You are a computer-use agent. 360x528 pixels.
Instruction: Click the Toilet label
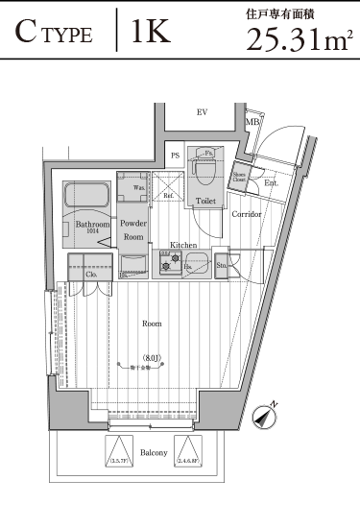click(x=204, y=202)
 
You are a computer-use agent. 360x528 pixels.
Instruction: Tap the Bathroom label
click(x=92, y=224)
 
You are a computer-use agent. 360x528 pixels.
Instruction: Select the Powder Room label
click(x=132, y=229)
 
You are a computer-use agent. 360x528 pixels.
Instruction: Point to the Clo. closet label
click(x=92, y=275)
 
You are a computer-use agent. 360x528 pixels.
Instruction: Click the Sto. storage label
click(x=222, y=265)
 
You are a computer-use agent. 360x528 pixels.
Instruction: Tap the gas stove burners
click(x=169, y=261)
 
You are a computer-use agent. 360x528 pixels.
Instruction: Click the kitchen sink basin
click(x=197, y=261)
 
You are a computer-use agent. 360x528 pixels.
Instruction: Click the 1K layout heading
click(x=151, y=34)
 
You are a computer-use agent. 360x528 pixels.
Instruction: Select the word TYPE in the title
click(x=68, y=36)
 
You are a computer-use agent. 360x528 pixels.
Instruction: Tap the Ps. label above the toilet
click(x=206, y=153)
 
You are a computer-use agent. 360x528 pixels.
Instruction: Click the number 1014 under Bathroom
click(x=92, y=232)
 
